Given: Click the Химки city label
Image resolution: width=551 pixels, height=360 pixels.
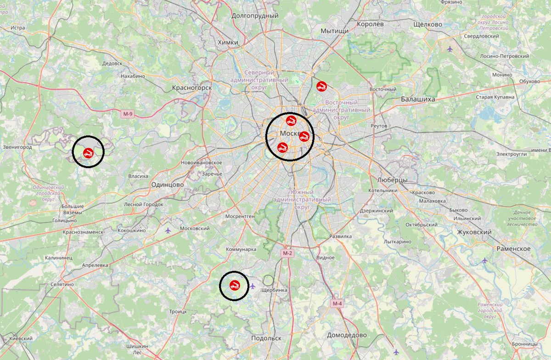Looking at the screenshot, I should [229, 42].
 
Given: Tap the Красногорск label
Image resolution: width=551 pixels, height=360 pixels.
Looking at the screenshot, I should [192, 87].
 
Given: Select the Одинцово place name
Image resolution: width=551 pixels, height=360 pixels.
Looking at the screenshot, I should [167, 184].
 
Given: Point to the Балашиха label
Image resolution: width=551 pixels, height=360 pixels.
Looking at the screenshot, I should [418, 99].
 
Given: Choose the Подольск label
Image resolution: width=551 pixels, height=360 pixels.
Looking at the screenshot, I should [266, 338].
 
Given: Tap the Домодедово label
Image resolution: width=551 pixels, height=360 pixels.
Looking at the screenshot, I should [347, 335].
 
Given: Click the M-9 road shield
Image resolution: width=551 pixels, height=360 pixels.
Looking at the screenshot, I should [128, 113].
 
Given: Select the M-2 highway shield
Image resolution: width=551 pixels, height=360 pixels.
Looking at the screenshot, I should [287, 253].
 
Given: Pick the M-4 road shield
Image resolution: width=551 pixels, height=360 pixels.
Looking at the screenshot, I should [337, 304].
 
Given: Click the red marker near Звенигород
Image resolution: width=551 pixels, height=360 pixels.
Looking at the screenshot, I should [88, 152].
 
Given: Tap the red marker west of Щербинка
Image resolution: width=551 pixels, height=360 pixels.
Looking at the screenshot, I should [234, 285].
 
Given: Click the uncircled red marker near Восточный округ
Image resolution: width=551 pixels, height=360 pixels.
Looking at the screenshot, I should [321, 85].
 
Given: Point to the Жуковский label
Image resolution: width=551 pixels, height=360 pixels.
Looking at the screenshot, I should [474, 232].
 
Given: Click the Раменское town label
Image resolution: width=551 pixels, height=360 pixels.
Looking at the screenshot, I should [513, 248].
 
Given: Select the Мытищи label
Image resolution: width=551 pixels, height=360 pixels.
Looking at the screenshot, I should [335, 31].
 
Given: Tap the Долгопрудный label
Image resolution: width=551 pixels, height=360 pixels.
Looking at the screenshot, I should [255, 16].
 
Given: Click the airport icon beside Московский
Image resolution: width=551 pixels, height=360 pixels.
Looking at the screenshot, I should [168, 230].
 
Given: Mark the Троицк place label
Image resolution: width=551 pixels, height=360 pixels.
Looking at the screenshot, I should [178, 311].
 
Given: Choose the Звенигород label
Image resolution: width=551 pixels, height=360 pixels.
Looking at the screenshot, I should [17, 147].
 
